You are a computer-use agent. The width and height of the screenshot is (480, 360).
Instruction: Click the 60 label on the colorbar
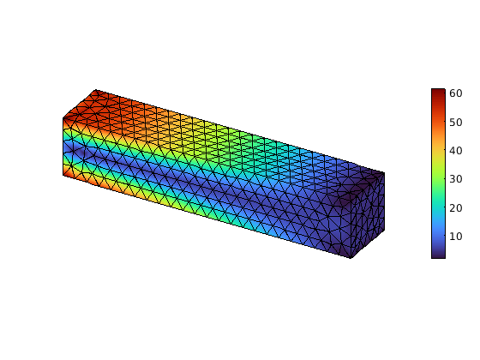click(455, 93)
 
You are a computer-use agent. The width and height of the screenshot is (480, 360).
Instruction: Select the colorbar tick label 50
click(455, 123)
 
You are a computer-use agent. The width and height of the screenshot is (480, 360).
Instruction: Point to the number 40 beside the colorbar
click(455, 151)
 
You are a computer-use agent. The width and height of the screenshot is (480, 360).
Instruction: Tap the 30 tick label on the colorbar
click(455, 179)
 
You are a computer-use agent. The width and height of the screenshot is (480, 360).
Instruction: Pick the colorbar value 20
click(455, 208)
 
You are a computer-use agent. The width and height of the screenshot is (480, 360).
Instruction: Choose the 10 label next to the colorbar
click(455, 237)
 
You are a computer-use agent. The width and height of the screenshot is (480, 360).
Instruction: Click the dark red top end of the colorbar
click(438, 92)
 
